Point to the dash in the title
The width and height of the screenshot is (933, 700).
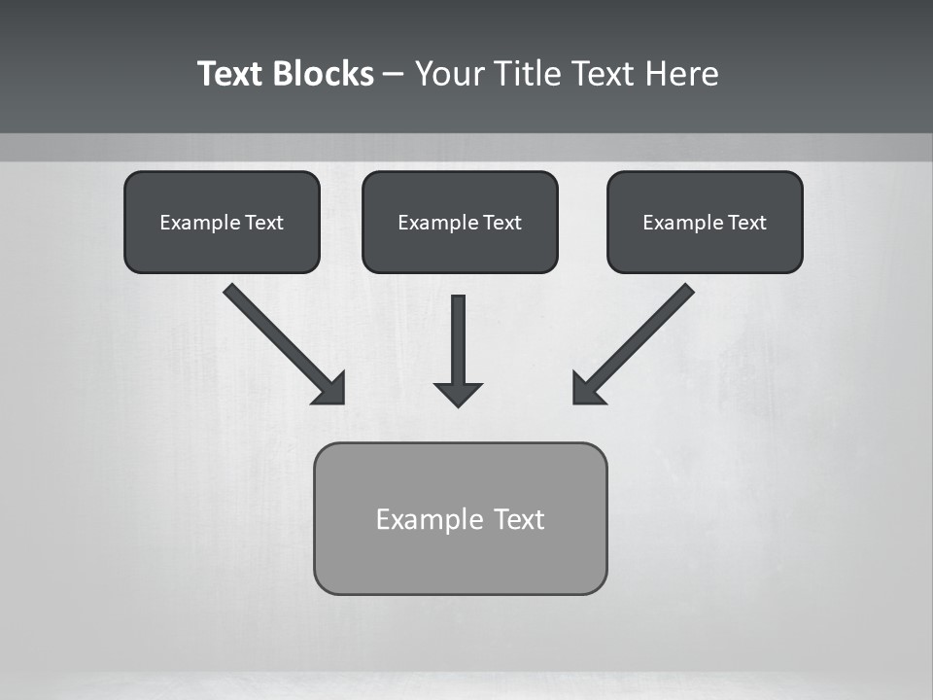pos(394,75)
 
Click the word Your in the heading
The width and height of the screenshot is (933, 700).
pos(450,74)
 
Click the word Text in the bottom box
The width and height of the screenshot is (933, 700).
pos(519,519)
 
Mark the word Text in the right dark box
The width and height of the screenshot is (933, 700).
pos(746,223)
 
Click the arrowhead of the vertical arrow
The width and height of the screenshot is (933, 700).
pos(458,393)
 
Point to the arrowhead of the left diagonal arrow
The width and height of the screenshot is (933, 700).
pos(331,390)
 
